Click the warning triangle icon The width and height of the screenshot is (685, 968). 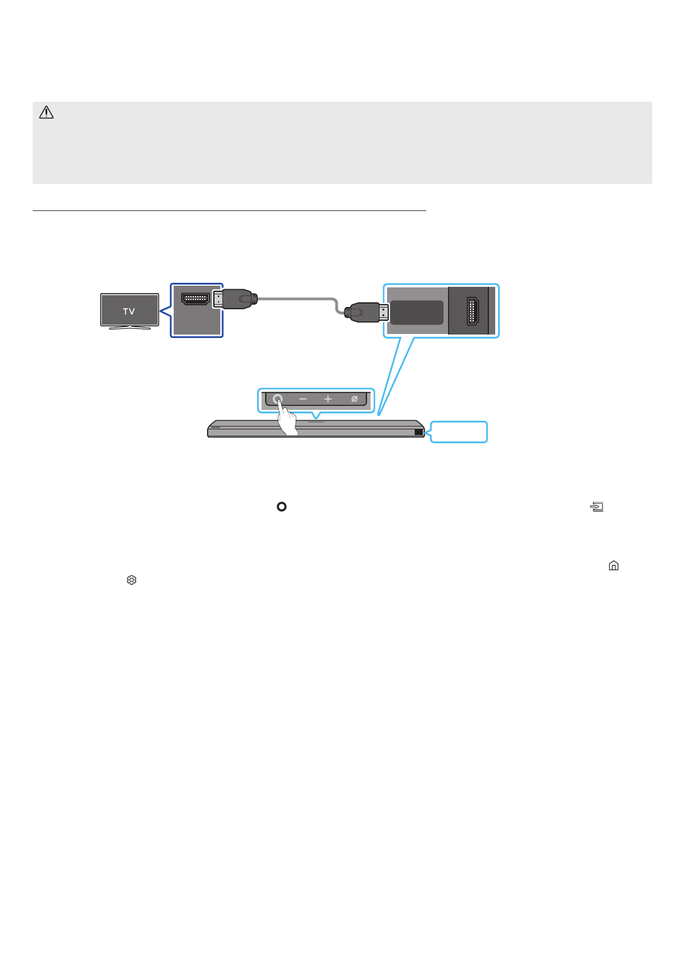pyautogui.click(x=46, y=113)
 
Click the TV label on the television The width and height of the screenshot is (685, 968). pyautogui.click(x=129, y=311)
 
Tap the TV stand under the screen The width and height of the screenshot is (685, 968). pyautogui.click(x=129, y=328)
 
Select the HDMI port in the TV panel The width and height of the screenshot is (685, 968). pyautogui.click(x=195, y=299)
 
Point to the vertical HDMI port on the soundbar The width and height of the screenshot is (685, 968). pyautogui.click(x=472, y=311)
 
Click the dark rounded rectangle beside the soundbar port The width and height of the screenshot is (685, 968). pyautogui.click(x=416, y=312)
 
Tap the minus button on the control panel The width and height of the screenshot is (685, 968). pyautogui.click(x=303, y=399)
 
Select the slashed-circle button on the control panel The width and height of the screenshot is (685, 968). pyautogui.click(x=354, y=399)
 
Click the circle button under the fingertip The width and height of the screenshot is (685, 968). pyautogui.click(x=278, y=398)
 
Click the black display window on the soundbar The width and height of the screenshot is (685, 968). pyautogui.click(x=418, y=432)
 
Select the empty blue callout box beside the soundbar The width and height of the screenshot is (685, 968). pyautogui.click(x=459, y=432)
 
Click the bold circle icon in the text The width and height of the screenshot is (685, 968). pyautogui.click(x=281, y=506)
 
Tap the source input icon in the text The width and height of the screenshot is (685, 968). pyautogui.click(x=597, y=507)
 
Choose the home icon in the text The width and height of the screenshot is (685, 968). pyautogui.click(x=614, y=566)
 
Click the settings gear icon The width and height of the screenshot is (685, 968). pyautogui.click(x=132, y=580)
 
